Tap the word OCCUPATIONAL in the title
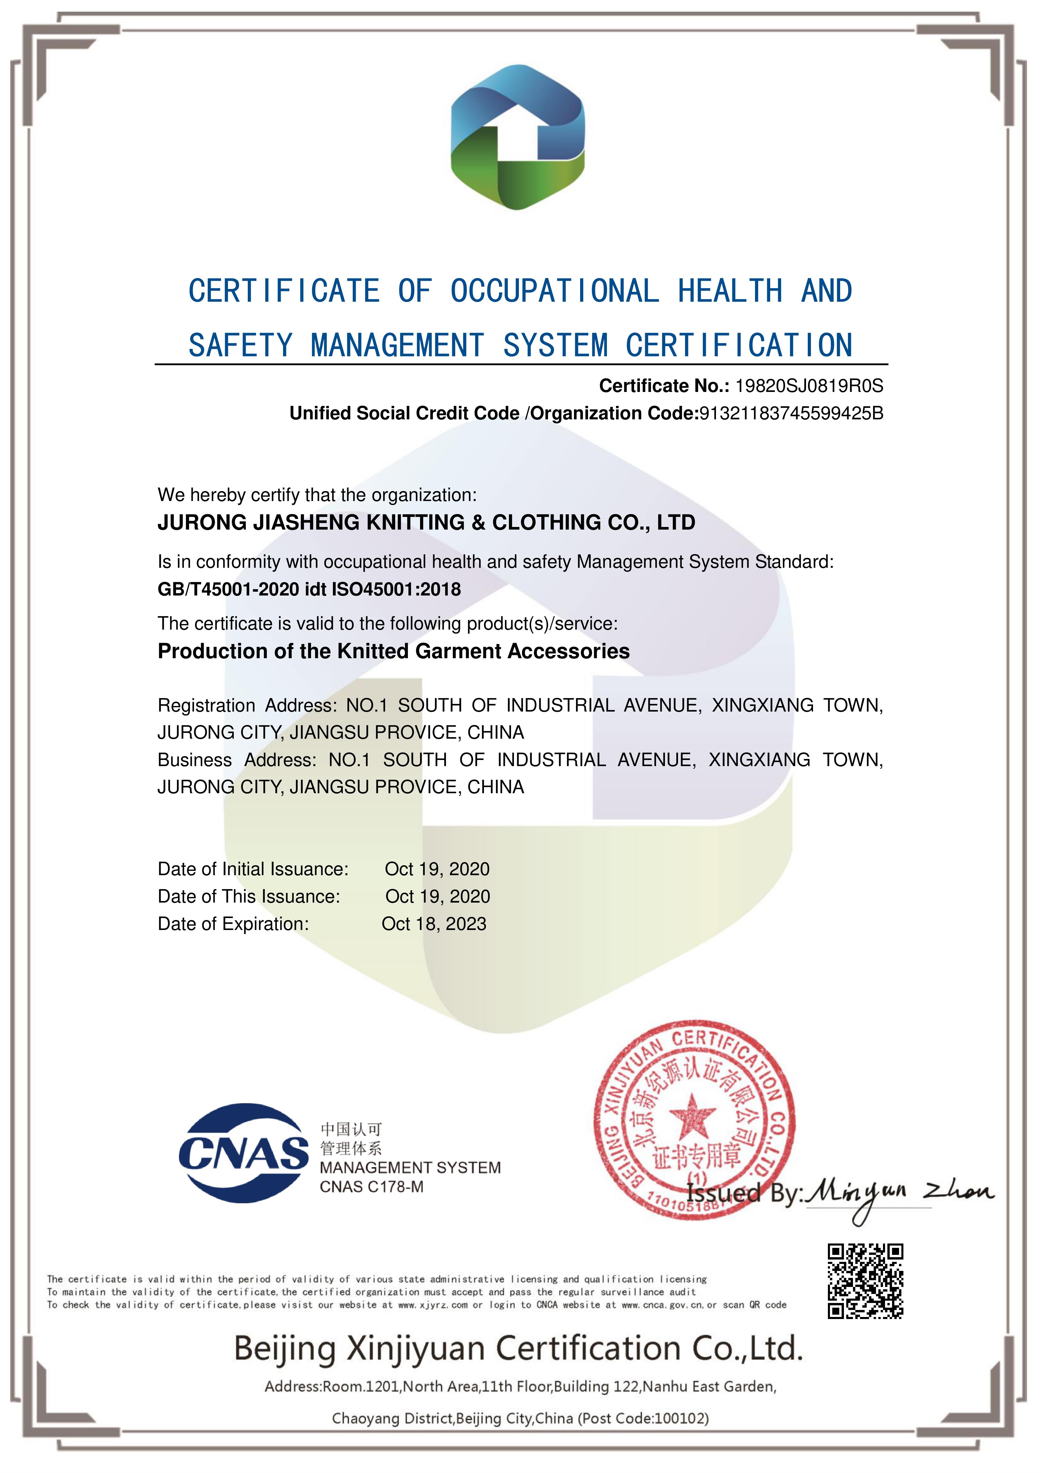[555, 291]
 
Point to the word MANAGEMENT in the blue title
[397, 346]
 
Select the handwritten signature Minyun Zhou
[898, 1194]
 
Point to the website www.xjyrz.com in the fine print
[433, 1305]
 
